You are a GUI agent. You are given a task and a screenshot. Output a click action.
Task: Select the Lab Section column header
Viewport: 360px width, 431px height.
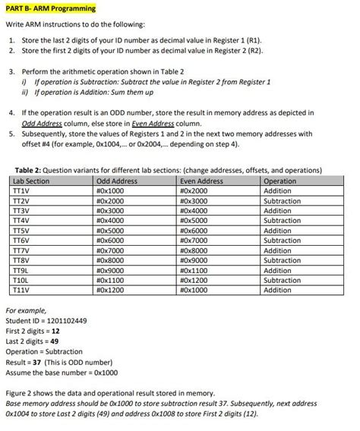pos(33,181)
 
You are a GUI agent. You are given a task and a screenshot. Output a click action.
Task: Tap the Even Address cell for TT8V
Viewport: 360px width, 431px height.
pos(196,260)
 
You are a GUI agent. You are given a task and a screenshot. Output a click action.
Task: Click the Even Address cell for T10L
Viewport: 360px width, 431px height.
pos(196,280)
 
